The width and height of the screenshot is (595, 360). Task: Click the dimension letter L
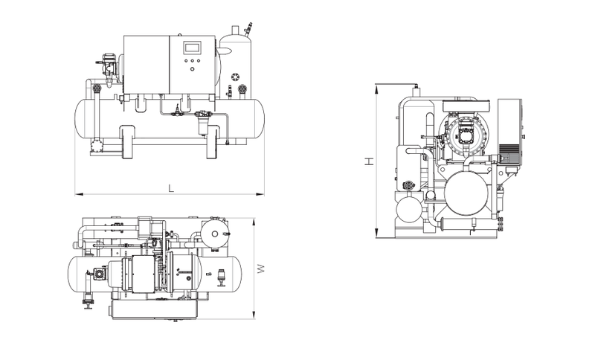tap(171, 188)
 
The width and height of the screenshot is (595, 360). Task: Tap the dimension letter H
tap(369, 161)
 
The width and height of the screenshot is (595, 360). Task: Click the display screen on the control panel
tap(192, 48)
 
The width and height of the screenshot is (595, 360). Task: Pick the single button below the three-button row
tap(192, 68)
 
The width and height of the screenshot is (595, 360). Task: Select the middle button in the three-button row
tap(192, 60)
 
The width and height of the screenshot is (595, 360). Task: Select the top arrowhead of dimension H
tap(376, 89)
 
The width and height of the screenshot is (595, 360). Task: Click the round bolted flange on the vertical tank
tap(235, 77)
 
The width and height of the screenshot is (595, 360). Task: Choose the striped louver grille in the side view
tap(509, 153)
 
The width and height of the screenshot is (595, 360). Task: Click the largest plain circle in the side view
tap(466, 193)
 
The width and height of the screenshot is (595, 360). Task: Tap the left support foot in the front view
tap(128, 142)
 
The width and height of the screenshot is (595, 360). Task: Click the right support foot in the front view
tap(213, 142)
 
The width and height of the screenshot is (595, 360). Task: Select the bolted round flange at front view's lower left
tap(97, 146)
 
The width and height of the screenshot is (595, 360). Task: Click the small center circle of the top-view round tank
tap(215, 234)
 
